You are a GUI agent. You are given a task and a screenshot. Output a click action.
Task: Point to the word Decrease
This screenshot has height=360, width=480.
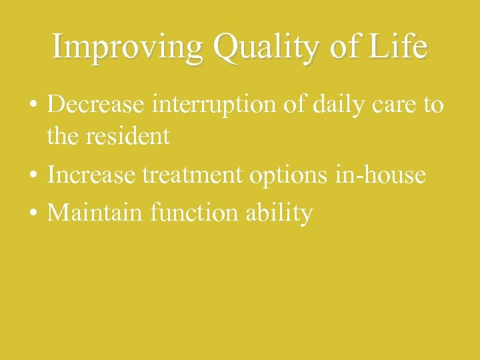click(x=98, y=105)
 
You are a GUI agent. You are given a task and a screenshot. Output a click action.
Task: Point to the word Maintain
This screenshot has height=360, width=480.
click(x=97, y=213)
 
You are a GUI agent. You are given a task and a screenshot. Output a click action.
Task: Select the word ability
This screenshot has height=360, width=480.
click(x=278, y=214)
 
